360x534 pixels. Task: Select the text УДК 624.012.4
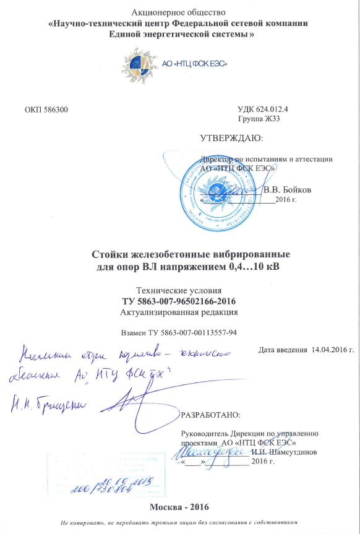[267, 110]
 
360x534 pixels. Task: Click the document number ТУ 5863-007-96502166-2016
[180, 301]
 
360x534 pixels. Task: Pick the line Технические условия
[180, 290]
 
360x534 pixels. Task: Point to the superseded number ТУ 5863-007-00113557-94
[180, 332]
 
